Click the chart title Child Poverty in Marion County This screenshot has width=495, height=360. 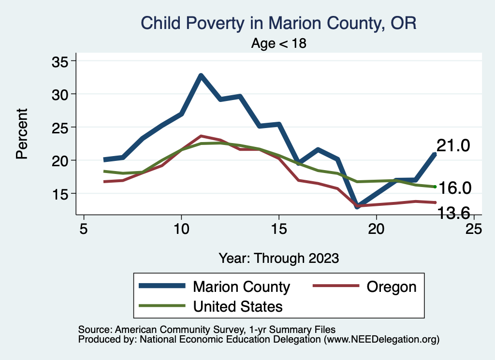click(x=278, y=23)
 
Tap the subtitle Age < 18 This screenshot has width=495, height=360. click(x=279, y=43)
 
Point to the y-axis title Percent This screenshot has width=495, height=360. click(x=21, y=134)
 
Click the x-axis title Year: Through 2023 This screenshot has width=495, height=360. click(x=278, y=258)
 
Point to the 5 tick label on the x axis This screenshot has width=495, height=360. click(x=84, y=229)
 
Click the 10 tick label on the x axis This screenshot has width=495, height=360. click(x=181, y=229)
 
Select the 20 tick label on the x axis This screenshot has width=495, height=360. click(x=376, y=229)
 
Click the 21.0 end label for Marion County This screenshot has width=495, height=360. click(x=453, y=145)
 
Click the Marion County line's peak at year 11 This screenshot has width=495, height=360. click(x=201, y=75)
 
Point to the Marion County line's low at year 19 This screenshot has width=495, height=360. click(x=357, y=206)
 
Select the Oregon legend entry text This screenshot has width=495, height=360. click(x=391, y=287)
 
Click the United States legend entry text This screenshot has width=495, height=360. click(x=238, y=306)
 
